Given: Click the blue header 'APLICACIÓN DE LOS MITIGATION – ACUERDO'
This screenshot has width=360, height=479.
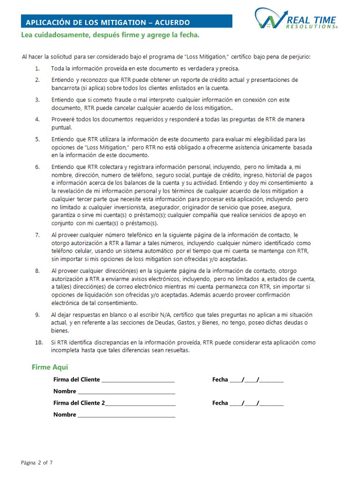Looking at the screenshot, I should click(108, 22).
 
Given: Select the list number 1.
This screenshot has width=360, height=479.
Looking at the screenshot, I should click(37, 69).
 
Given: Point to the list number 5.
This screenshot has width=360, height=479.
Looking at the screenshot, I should click(37, 139).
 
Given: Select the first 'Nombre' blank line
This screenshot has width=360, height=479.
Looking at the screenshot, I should click(126, 392).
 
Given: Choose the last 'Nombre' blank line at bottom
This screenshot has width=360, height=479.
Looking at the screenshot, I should click(126, 415).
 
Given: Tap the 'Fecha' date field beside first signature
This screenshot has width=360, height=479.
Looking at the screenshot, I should click(256, 380).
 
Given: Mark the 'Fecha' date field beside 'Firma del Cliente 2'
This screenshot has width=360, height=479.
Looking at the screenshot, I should click(256, 403).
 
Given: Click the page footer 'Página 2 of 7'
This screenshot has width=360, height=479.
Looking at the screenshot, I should click(37, 463).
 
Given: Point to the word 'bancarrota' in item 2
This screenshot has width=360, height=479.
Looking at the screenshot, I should click(66, 87).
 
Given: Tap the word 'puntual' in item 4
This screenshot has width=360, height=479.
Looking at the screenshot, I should click(61, 127).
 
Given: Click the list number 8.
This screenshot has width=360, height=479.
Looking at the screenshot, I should click(37, 270).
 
